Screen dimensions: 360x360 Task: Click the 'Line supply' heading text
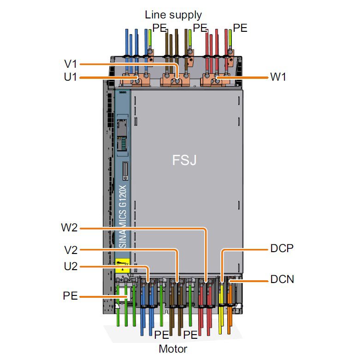173,15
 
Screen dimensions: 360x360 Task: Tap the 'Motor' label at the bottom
173,349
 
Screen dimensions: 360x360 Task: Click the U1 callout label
71,77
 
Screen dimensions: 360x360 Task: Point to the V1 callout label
71,64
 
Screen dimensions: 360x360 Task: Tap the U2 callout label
70,266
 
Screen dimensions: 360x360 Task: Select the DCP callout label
282,249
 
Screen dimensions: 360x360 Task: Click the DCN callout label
282,279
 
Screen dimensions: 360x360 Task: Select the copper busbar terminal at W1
217,81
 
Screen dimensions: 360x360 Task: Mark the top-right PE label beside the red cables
240,28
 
